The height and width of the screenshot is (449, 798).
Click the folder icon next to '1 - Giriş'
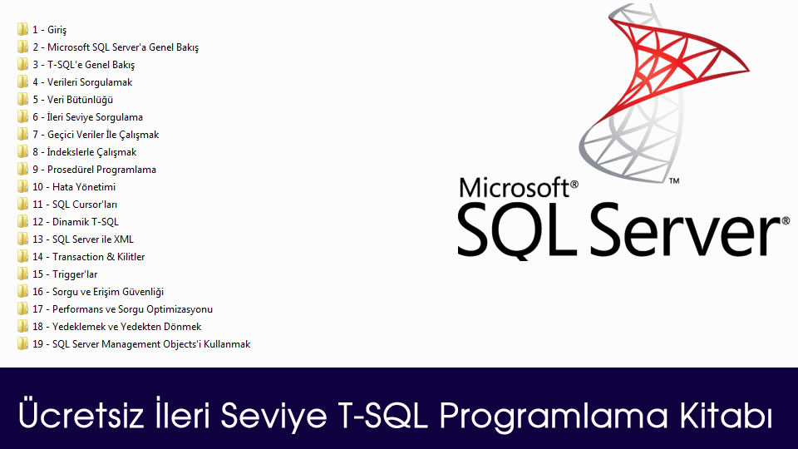pyautogui.click(x=22, y=30)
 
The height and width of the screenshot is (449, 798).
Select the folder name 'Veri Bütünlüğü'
pyautogui.click(x=80, y=100)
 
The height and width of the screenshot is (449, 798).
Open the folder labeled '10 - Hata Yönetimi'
pyautogui.click(x=74, y=187)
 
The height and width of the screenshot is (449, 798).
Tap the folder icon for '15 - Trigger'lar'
pyautogui.click(x=22, y=274)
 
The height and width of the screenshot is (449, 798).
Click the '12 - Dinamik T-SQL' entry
pyautogui.click(x=76, y=222)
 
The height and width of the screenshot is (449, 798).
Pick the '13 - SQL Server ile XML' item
pyautogui.click(x=83, y=239)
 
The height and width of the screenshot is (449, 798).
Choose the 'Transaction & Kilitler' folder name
pyautogui.click(x=98, y=257)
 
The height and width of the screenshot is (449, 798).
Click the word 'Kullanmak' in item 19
pyautogui.click(x=227, y=344)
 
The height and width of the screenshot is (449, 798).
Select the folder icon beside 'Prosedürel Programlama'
pyautogui.click(x=22, y=169)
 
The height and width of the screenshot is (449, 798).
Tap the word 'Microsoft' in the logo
pyautogui.click(x=514, y=187)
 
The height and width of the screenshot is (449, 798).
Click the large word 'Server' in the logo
pyautogui.click(x=685, y=229)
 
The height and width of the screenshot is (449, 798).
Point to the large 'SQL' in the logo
pyautogui.click(x=516, y=230)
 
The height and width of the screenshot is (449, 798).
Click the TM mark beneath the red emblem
pyautogui.click(x=674, y=180)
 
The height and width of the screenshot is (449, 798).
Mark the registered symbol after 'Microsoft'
pyautogui.click(x=574, y=184)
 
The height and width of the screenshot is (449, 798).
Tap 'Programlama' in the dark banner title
pyautogui.click(x=554, y=417)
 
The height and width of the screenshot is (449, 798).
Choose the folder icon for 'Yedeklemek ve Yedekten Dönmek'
pyautogui.click(x=22, y=326)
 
